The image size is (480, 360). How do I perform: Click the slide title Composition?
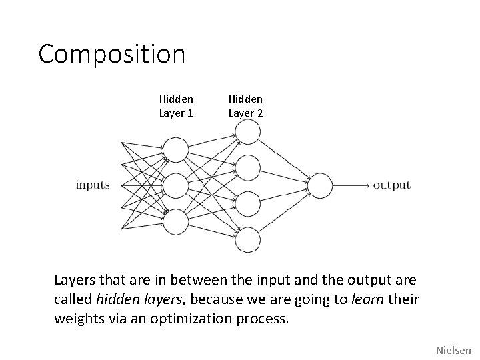[x=111, y=54]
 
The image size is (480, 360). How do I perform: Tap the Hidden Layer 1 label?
[x=176, y=106]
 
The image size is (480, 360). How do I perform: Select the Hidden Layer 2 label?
[x=246, y=106]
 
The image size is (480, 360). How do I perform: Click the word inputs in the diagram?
[x=93, y=185]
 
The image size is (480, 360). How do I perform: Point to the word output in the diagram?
[x=391, y=185]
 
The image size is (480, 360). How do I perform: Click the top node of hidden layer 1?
[x=176, y=149]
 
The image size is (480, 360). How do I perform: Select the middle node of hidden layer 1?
[x=176, y=185]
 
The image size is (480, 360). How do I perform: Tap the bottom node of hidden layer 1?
[x=176, y=222]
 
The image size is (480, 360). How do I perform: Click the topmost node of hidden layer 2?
[x=248, y=131]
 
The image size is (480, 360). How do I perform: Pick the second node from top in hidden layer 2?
[x=248, y=167]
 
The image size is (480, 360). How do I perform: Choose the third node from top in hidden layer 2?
[x=248, y=203]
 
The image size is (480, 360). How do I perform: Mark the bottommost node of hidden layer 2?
[x=248, y=239]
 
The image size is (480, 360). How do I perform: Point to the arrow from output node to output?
[x=351, y=185]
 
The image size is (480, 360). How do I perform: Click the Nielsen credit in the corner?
[x=453, y=349]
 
